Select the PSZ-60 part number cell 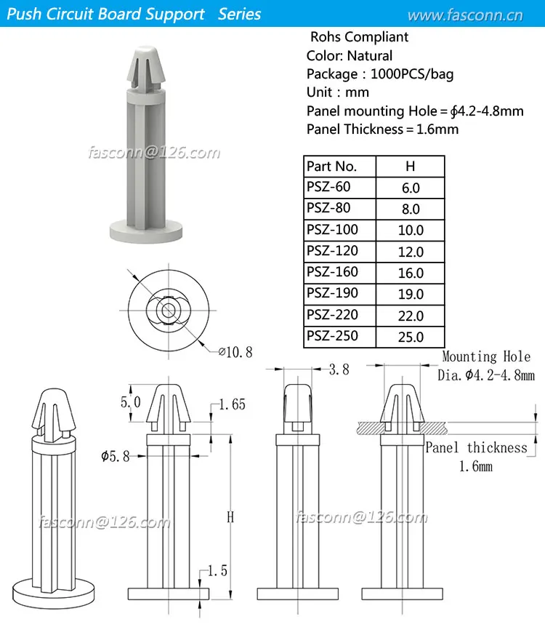328,187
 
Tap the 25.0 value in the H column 411,338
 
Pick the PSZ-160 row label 333,272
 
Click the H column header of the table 411,166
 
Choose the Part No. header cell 332,166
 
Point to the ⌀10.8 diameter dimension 236,352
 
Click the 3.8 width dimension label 339,370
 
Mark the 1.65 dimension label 232,405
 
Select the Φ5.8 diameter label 116,456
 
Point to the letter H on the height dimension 230,517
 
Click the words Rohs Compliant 359,37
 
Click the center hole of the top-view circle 168,309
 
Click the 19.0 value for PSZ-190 411,295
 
